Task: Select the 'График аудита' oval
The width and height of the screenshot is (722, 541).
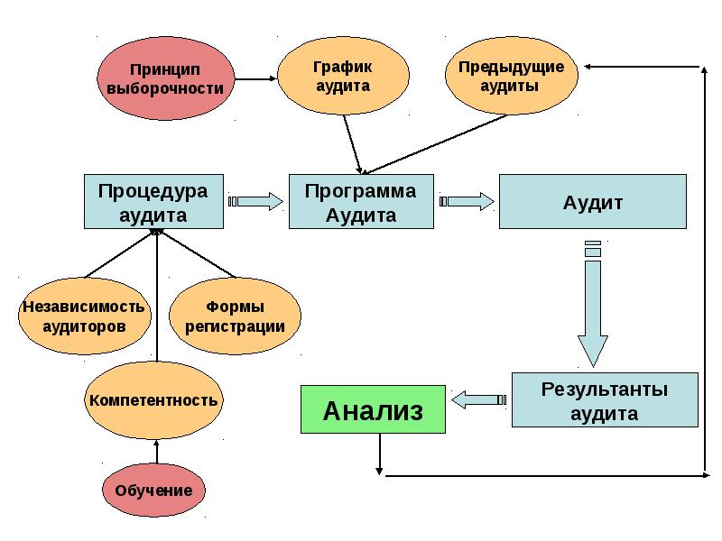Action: (x=342, y=76)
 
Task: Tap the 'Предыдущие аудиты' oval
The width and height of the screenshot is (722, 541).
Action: (x=511, y=76)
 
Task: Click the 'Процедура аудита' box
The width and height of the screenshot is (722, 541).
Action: (x=153, y=202)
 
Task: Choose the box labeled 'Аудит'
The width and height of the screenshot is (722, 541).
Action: (x=593, y=202)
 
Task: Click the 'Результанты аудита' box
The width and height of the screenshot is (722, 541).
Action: (x=604, y=401)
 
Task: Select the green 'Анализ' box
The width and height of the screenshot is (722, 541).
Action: (x=373, y=410)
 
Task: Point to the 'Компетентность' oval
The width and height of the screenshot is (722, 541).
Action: (x=153, y=399)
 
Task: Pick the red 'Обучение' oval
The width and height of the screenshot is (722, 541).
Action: (x=153, y=490)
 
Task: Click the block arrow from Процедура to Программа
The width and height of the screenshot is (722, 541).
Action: (x=256, y=201)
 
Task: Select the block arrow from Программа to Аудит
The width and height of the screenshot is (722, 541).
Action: (x=467, y=201)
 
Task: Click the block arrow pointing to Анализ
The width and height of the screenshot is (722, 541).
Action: (x=478, y=399)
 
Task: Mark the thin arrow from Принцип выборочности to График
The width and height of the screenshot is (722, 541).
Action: (x=254, y=78)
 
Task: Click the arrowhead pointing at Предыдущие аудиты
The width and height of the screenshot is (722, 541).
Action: (x=588, y=67)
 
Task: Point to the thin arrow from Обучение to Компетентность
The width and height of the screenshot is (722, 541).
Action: (x=156, y=451)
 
